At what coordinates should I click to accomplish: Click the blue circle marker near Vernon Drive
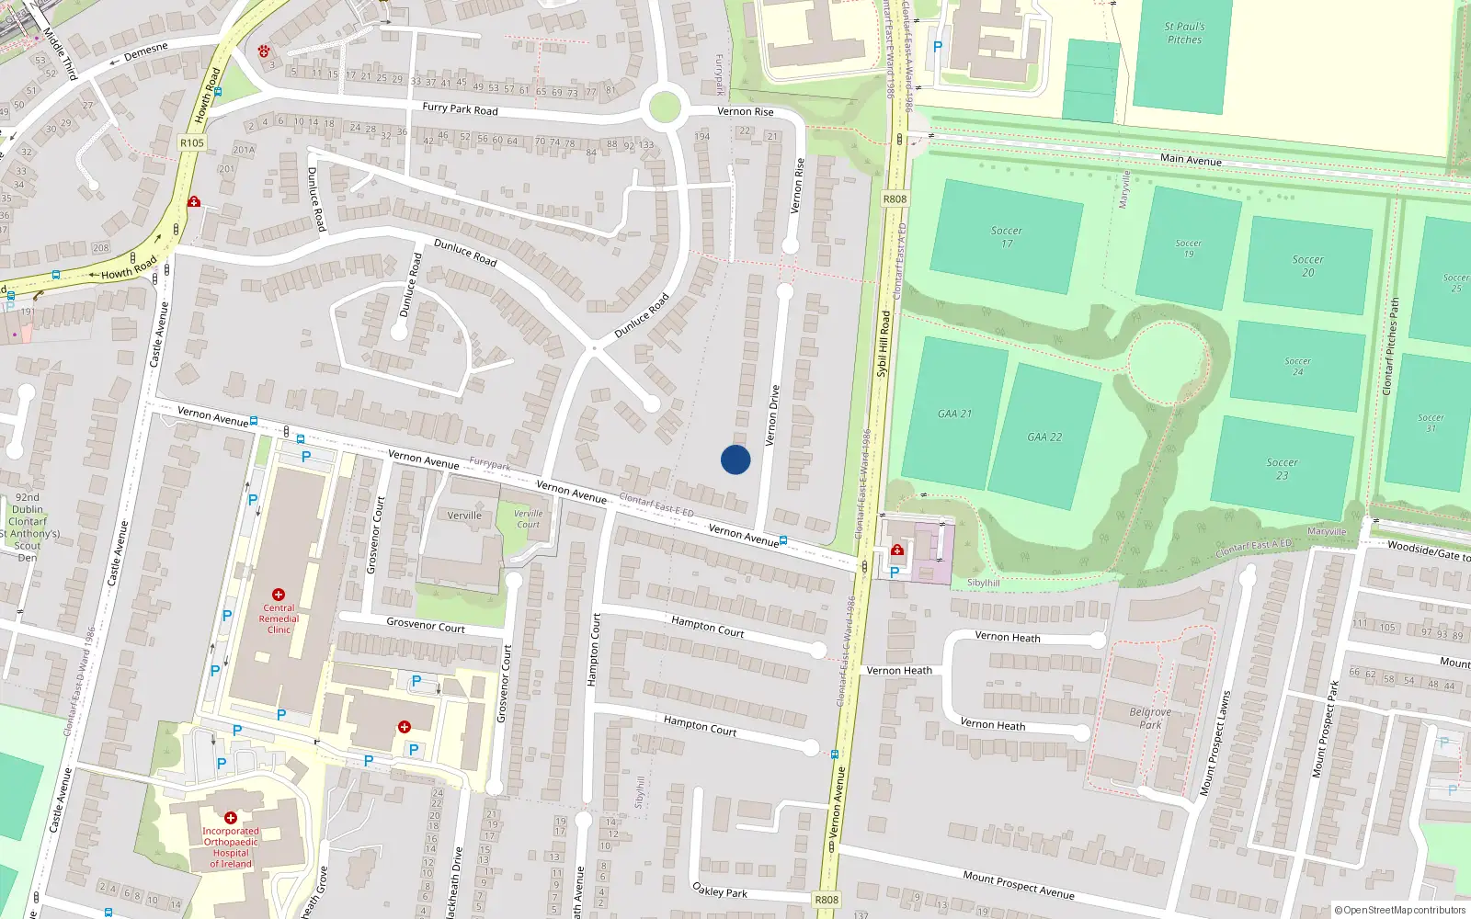(735, 459)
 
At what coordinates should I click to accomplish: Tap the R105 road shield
(192, 142)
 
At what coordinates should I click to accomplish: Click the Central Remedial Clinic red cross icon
(279, 595)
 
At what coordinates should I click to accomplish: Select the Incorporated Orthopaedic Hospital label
(231, 847)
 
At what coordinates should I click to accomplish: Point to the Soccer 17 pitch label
(1007, 237)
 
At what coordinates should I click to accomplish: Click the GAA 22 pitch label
(1044, 437)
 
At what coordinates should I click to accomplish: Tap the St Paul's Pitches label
(1184, 33)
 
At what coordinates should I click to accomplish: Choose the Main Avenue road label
(1191, 160)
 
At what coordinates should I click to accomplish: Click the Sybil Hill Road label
(884, 344)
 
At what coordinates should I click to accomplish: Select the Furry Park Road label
(460, 108)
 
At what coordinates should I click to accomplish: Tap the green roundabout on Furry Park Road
(664, 107)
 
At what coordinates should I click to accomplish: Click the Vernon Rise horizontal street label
(745, 111)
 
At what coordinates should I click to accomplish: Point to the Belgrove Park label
(1150, 718)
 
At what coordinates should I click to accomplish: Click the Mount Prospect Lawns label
(1214, 743)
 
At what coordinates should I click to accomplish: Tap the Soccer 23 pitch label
(1282, 469)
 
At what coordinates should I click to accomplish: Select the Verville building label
(464, 516)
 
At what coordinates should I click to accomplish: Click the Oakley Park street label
(719, 891)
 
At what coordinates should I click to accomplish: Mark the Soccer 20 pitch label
(1307, 266)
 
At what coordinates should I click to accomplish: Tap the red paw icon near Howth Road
(265, 51)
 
